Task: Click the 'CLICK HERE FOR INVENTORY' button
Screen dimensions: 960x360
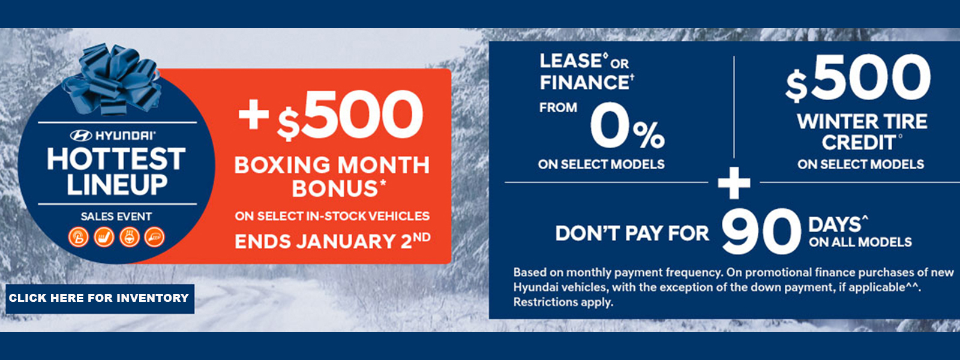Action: tap(100, 298)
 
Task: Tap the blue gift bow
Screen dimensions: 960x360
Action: tap(112, 79)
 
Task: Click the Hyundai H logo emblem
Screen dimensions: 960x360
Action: tap(81, 136)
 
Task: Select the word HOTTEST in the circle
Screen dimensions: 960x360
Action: tap(116, 159)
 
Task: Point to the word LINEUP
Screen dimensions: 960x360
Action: tap(116, 185)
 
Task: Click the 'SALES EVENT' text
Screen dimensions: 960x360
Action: tap(116, 217)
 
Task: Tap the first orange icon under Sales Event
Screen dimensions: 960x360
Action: tap(79, 237)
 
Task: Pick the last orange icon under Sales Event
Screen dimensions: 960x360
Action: tap(154, 237)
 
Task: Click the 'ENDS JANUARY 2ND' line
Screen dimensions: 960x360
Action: tap(332, 241)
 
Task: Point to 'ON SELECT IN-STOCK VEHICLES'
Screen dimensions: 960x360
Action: tap(332, 216)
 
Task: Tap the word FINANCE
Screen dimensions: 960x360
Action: tap(584, 82)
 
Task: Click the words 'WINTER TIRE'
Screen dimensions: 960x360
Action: tap(862, 122)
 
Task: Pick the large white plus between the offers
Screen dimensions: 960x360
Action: tap(734, 183)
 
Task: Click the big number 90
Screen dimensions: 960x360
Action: tap(761, 232)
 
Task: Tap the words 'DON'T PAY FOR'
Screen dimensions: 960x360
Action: tap(632, 233)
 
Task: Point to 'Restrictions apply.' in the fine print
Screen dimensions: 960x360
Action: tap(563, 302)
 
